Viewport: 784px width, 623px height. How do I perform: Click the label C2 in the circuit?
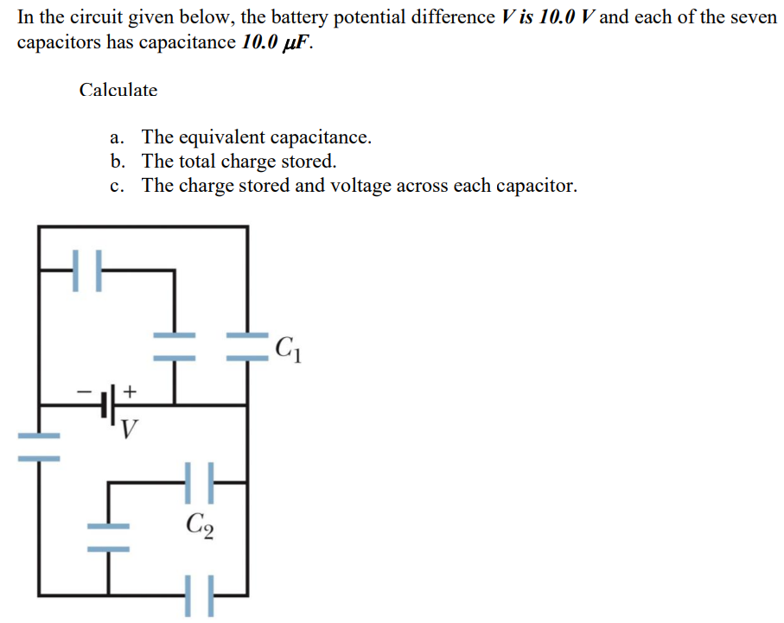[x=200, y=524]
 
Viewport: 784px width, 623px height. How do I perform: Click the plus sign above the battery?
[x=129, y=391]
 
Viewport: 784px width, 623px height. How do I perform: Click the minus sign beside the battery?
[x=85, y=391]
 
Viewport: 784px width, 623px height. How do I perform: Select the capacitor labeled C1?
[x=247, y=348]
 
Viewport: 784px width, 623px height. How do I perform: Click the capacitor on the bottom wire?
[x=200, y=595]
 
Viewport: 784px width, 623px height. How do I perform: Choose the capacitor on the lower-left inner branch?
[x=109, y=537]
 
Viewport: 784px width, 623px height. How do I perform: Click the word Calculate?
[x=118, y=90]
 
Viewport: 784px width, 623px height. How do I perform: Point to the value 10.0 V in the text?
[x=565, y=17]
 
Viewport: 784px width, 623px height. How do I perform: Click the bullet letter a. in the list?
[x=118, y=137]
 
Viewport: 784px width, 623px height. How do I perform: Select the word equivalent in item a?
[x=224, y=137]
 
